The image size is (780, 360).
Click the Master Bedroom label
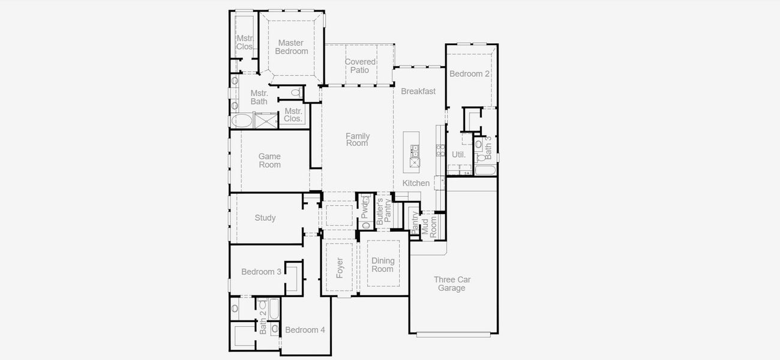292,47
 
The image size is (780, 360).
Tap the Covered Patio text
360,66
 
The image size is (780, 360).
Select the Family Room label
357,140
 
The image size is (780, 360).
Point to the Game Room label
269,161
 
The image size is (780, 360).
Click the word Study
265,218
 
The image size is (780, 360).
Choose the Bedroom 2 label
470,74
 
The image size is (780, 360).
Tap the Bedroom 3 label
261,272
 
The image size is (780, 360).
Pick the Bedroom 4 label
305,330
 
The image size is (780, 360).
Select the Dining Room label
383,265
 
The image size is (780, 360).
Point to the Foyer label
340,268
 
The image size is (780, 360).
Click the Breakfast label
418,91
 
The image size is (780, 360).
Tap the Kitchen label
416,183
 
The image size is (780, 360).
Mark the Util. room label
458,154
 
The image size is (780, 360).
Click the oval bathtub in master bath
242,121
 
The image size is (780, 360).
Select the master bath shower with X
266,121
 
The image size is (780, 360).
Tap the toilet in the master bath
295,92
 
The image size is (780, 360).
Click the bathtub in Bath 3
485,170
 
